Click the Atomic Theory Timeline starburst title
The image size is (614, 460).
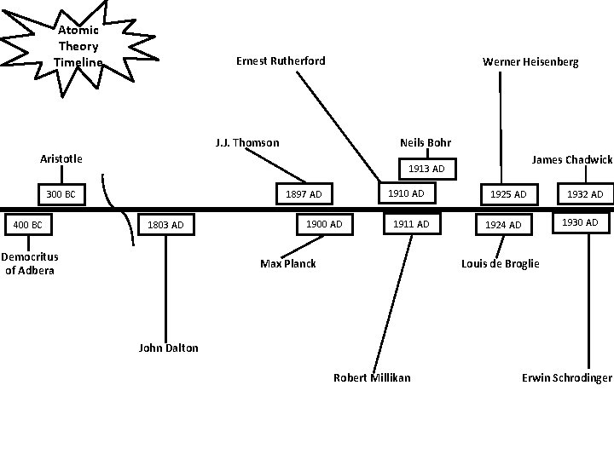78,46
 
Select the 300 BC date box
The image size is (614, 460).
61,195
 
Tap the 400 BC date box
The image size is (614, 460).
27,225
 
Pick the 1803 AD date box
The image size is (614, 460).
165,225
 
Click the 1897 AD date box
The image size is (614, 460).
304,194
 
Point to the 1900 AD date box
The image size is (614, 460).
323,224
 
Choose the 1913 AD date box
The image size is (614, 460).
426,169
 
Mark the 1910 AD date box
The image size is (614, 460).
406,194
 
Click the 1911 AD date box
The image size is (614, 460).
412,224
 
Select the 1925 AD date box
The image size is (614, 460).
508,195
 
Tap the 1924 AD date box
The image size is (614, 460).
503,225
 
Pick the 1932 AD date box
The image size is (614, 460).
585,195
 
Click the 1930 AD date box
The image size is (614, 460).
580,223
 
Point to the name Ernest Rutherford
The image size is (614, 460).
280,60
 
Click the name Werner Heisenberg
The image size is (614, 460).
530,61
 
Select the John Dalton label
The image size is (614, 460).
168,348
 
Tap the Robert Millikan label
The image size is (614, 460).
372,377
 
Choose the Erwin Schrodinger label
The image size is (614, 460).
567,377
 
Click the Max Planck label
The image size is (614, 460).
288,263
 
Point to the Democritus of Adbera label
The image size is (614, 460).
29,263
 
